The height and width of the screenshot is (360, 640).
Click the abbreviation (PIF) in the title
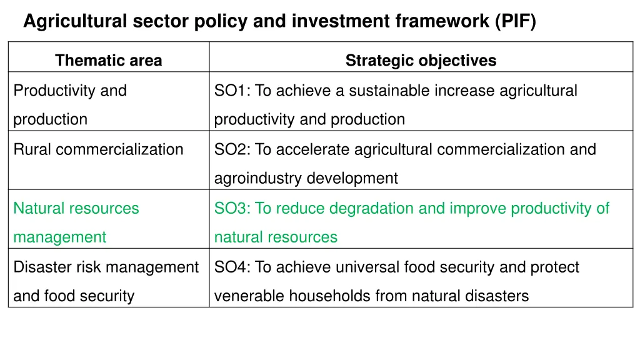515,22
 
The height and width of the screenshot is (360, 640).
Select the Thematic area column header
108,61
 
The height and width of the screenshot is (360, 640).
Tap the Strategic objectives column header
421,61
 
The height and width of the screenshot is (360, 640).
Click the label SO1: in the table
231,91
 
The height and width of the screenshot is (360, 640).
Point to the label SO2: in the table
231,149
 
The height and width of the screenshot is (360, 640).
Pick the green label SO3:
231,208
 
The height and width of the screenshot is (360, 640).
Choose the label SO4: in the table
231,267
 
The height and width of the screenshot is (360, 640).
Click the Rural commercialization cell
98,149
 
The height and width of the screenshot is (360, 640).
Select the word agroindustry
259,178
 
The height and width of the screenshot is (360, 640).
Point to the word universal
369,267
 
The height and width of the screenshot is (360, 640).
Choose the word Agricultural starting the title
75,22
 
